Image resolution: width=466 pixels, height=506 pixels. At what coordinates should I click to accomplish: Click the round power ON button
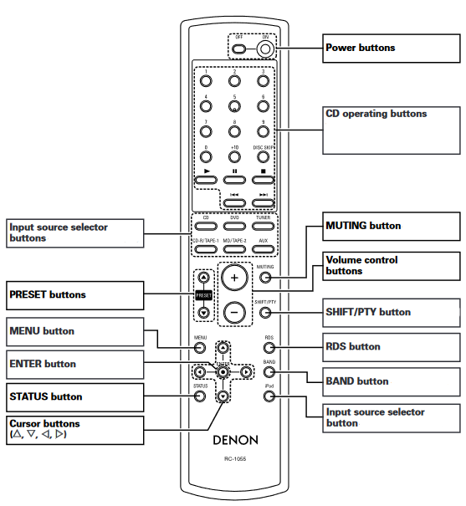coord(266,49)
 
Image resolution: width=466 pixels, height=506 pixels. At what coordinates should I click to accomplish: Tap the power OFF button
coord(239,49)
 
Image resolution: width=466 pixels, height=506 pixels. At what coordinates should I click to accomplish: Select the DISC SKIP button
coord(264,157)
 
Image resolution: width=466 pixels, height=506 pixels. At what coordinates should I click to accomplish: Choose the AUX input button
coord(264,250)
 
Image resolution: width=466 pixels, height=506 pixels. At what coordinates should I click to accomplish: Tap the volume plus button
coord(235,277)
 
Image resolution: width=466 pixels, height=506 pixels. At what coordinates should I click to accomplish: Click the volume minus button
coord(235,312)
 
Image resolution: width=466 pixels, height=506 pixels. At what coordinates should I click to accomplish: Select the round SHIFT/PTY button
coord(265,313)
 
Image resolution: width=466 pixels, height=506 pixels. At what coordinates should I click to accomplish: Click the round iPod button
coord(269,395)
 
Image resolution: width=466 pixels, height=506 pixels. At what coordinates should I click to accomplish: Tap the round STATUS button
coord(200,396)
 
